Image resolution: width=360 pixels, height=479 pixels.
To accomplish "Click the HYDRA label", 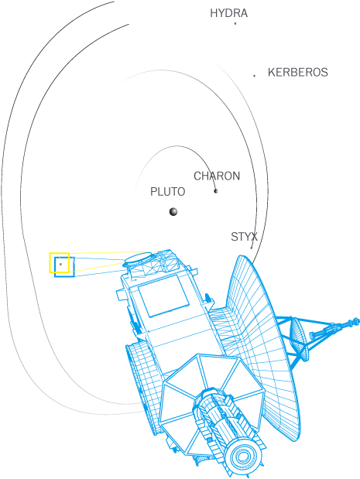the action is [x=228, y=13].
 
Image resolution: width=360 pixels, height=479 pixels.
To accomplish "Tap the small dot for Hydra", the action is [x=235, y=23].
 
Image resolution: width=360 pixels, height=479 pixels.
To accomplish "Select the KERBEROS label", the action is [x=297, y=73].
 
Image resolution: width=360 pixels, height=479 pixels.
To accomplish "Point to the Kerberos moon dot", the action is [x=254, y=76].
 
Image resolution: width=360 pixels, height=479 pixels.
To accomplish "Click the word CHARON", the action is [x=217, y=176].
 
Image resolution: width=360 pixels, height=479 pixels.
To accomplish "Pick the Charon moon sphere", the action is [x=216, y=191].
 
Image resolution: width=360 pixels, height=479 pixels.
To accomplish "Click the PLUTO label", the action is [x=167, y=192].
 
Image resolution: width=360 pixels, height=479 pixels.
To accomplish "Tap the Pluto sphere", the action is [x=173, y=211].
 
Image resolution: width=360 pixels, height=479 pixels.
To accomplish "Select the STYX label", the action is [x=244, y=237].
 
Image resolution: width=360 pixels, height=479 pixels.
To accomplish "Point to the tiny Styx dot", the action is [x=252, y=248].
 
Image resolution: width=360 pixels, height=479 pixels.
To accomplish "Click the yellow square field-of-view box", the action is [x=50, y=263].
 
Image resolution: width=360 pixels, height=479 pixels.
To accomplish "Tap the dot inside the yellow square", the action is [x=61, y=264].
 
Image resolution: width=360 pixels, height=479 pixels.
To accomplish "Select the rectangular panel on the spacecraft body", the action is [x=163, y=296].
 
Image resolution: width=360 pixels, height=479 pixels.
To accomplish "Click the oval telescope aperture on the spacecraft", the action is [x=138, y=258].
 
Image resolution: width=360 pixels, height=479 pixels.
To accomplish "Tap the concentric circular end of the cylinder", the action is [x=242, y=457].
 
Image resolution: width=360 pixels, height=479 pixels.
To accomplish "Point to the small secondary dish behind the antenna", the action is [x=297, y=336].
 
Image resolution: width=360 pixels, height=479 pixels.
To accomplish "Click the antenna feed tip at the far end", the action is [x=355, y=321].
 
